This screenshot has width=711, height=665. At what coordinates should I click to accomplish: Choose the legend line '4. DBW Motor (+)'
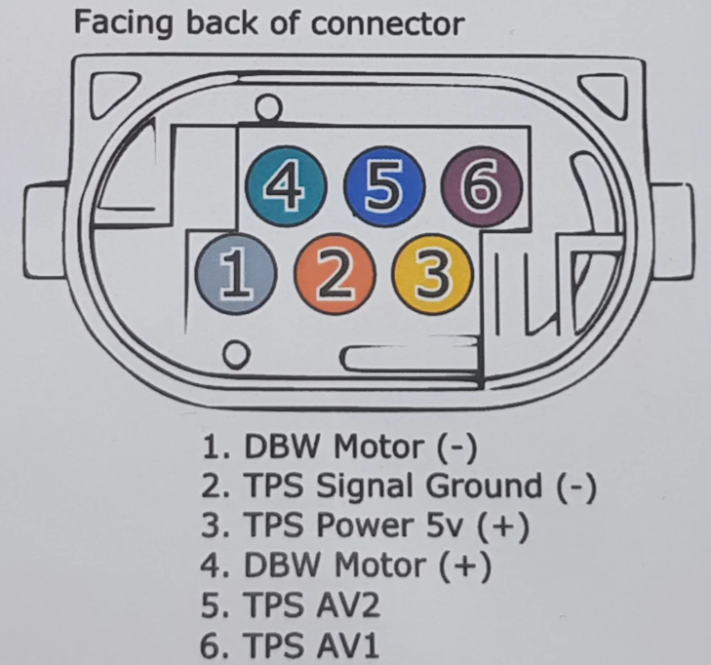(347, 565)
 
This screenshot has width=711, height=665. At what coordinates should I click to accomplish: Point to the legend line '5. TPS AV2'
(290, 605)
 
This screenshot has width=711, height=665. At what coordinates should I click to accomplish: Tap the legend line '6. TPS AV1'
(290, 645)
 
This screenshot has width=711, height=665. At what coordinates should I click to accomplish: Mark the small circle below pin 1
(235, 353)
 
